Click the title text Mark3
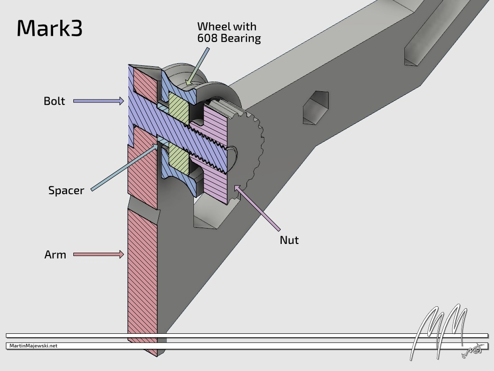[50, 29]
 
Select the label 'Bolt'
[54, 101]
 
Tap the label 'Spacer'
[66, 190]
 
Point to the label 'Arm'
[55, 255]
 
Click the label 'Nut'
[289, 240]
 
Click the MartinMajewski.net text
[33, 346]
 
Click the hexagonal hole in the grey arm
[316, 107]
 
